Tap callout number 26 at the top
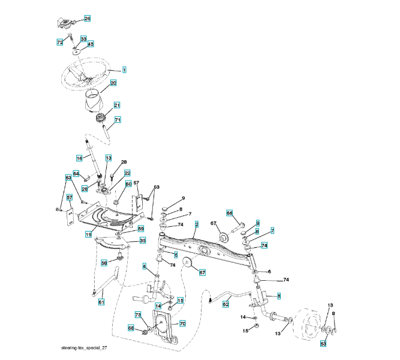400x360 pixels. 87,19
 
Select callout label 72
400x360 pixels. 60,43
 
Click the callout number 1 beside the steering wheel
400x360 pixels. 124,70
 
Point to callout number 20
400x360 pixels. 113,83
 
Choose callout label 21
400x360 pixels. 117,105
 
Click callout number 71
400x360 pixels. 118,120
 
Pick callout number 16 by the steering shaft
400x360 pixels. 79,158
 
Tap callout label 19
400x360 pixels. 88,235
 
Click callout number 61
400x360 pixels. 101,302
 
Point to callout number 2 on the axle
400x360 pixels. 196,224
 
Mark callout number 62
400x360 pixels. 226,304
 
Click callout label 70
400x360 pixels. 182,323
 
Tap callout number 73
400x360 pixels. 137,314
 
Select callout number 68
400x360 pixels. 131,328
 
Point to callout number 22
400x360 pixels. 127,173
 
